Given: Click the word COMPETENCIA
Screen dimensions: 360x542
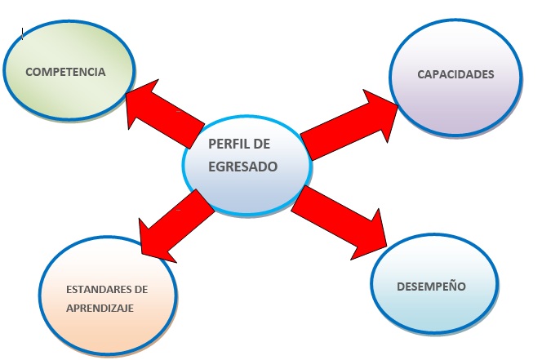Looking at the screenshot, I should tap(65, 72).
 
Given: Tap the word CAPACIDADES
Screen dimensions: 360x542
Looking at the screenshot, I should tap(455, 74).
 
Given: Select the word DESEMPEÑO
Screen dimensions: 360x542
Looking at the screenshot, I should tap(431, 287).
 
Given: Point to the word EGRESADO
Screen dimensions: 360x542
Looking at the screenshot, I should tap(243, 166).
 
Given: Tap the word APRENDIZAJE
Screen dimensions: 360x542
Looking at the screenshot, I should tap(100, 308).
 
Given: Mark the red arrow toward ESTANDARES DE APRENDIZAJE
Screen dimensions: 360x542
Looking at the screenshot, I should tap(175, 224).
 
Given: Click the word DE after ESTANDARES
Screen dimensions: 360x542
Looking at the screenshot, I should tap(140, 290).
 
